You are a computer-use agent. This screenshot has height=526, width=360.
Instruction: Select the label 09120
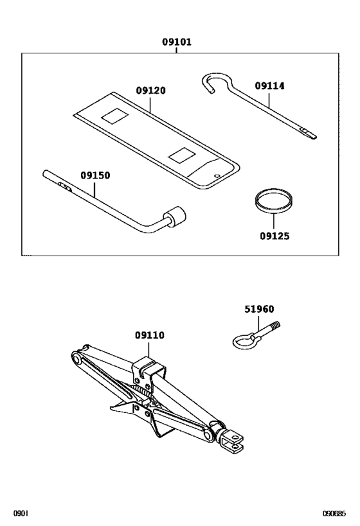pos(150,91)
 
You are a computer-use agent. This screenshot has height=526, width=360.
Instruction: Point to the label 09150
pos(95,175)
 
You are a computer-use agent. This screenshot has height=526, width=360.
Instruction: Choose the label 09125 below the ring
pos(274,236)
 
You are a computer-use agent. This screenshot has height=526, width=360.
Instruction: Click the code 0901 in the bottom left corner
pos(21,514)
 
